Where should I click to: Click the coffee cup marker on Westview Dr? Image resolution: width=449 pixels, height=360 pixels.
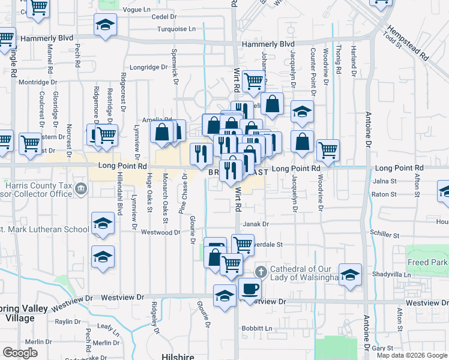pyautogui.click(x=250, y=289)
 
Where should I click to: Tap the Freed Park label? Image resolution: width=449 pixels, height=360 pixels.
pyautogui.click(x=427, y=263)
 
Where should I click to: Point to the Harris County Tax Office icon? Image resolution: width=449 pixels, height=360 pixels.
pyautogui.click(x=82, y=190)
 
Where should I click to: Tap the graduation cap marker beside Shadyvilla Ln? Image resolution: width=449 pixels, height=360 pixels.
pyautogui.click(x=351, y=275)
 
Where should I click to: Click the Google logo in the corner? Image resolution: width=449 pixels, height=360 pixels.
pyautogui.click(x=20, y=353)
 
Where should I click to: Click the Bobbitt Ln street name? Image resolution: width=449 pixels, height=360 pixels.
pyautogui.click(x=257, y=329)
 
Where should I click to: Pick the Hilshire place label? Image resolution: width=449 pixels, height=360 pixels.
pyautogui.click(x=177, y=356)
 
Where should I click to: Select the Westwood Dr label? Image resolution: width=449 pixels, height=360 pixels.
pyautogui.click(x=161, y=232)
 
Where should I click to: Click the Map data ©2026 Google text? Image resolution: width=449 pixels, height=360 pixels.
pyautogui.click(x=412, y=355)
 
